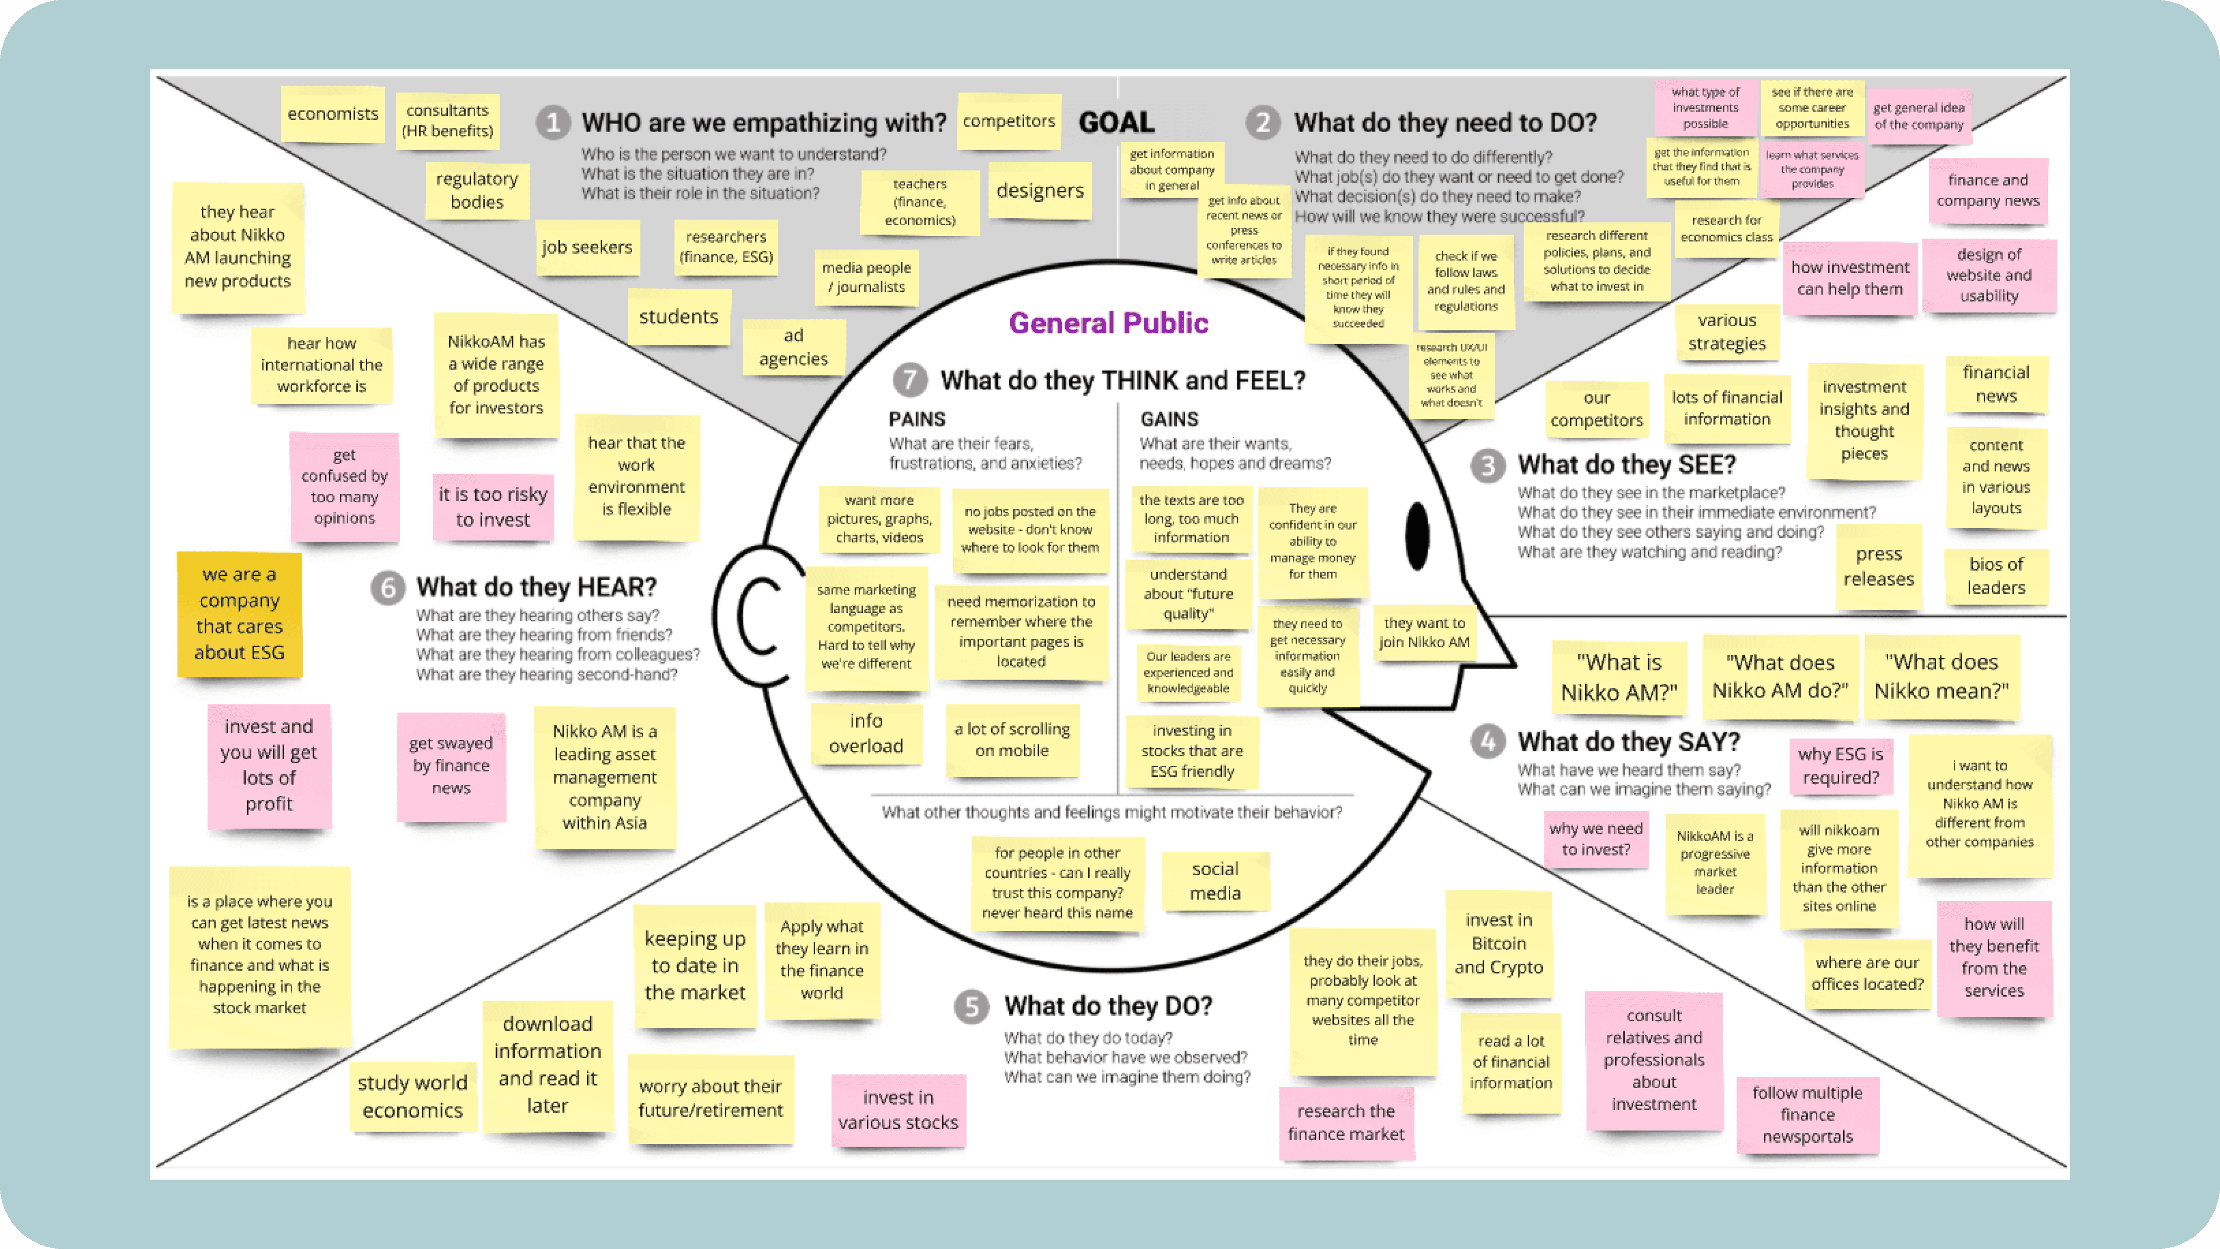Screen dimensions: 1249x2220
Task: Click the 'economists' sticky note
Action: pyautogui.click(x=333, y=114)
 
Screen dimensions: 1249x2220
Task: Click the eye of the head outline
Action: pyautogui.click(x=1417, y=536)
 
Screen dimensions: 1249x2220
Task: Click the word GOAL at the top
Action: pyautogui.click(x=1116, y=122)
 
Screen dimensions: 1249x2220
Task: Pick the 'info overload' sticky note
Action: pyautogui.click(x=866, y=733)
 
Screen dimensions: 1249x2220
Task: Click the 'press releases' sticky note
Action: pyautogui.click(x=1879, y=566)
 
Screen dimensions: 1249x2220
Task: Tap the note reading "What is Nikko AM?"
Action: pyautogui.click(x=1619, y=677)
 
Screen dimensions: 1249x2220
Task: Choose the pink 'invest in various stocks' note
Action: pyautogui.click(x=898, y=1110)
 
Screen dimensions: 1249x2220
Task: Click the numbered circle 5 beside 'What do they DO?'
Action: pyautogui.click(x=971, y=1007)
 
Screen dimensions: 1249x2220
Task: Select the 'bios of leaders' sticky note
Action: pyautogui.click(x=1996, y=576)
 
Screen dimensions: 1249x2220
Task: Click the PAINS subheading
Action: pyautogui.click(x=917, y=419)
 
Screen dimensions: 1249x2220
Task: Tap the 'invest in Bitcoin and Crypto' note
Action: pyautogui.click(x=1498, y=944)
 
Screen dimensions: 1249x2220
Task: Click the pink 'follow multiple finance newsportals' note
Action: pyautogui.click(x=1807, y=1115)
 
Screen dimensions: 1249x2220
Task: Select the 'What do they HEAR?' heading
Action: pyautogui.click(x=536, y=587)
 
